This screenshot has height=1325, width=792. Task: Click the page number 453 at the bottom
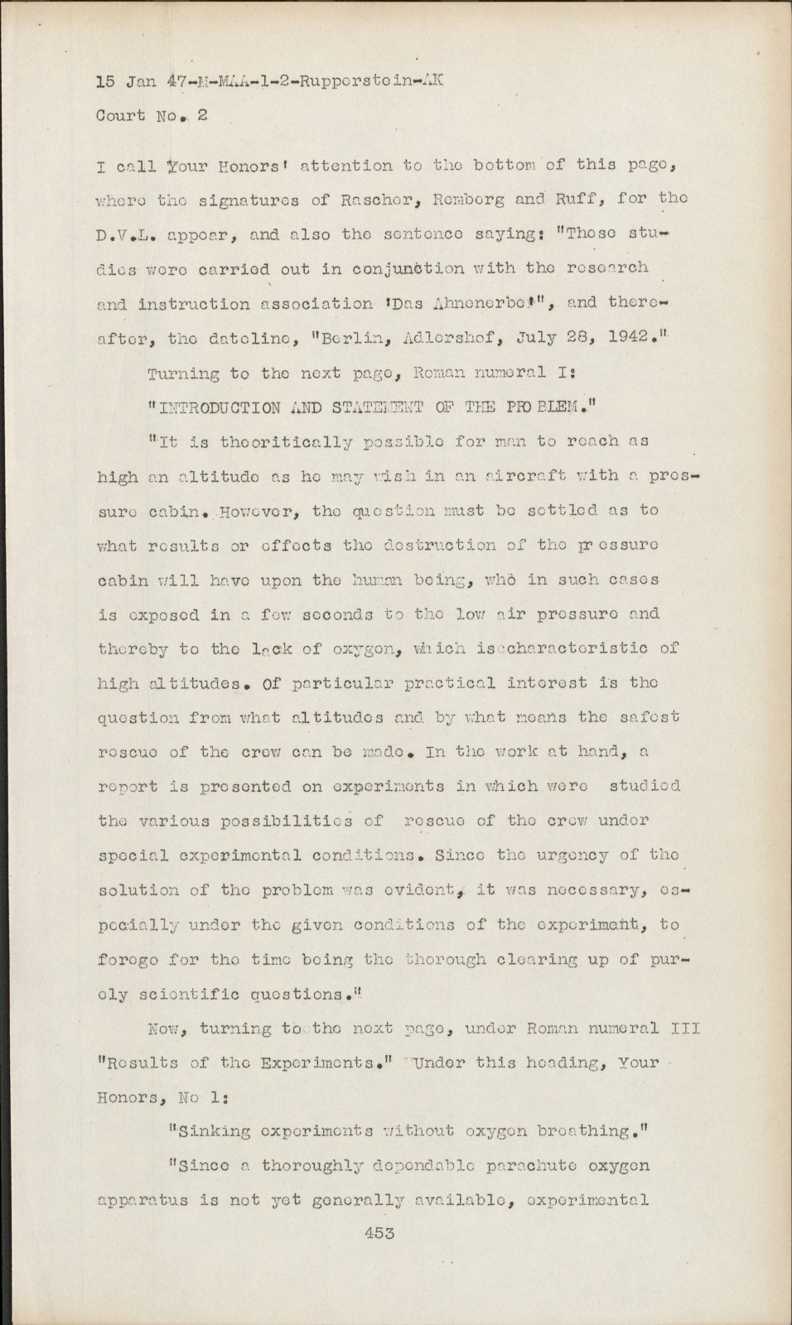(379, 1233)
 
